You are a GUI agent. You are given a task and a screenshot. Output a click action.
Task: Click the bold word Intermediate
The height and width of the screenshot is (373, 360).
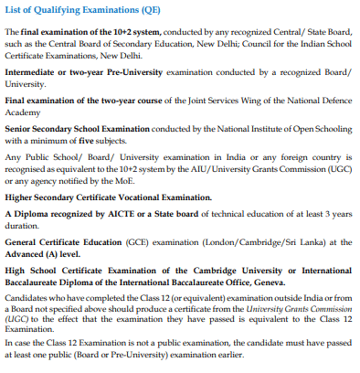36,70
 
